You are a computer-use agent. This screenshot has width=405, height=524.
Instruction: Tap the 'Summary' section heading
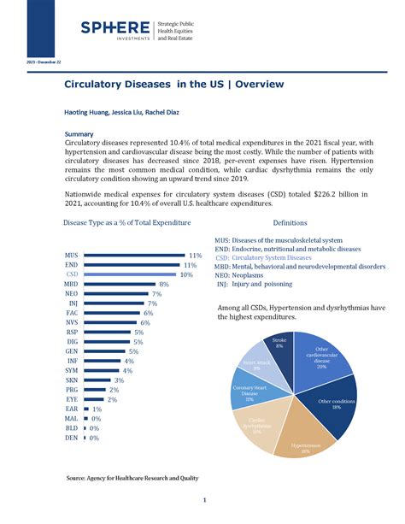80,134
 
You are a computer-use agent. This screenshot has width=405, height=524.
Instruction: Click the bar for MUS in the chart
134,256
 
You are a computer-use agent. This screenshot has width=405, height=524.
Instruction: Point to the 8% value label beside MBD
163,284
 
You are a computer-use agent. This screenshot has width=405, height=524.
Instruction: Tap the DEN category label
72,438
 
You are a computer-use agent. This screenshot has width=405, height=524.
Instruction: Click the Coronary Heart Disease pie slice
249,393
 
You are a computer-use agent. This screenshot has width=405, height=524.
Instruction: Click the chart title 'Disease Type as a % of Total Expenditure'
126,222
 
